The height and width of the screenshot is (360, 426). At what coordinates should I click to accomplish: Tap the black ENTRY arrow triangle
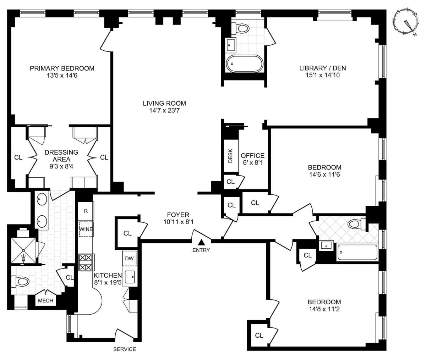click(201, 243)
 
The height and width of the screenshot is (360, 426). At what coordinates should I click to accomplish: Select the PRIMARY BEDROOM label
click(62, 68)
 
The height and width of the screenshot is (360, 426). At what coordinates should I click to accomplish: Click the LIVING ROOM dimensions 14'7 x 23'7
click(164, 111)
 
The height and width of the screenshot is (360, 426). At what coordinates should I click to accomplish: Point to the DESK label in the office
click(230, 156)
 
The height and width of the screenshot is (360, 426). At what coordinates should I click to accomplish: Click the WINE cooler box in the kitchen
click(86, 229)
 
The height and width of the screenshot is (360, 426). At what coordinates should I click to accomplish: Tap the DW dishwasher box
click(129, 258)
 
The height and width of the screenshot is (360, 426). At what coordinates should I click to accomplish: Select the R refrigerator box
click(86, 211)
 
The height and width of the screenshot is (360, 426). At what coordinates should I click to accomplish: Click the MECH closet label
click(45, 300)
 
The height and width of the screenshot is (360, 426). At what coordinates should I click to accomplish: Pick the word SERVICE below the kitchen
click(125, 349)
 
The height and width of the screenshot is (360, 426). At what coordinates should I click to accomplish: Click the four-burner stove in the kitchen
click(86, 262)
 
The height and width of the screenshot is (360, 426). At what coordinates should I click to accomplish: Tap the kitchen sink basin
click(130, 276)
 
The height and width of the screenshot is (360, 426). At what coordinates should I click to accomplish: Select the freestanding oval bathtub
click(245, 64)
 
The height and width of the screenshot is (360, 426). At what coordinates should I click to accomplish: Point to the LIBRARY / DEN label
click(322, 68)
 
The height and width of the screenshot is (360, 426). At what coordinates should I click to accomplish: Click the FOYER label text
click(178, 215)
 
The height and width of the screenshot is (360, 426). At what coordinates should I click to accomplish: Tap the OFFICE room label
click(252, 155)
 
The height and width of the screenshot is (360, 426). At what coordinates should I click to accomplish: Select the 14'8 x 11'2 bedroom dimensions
click(324, 309)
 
